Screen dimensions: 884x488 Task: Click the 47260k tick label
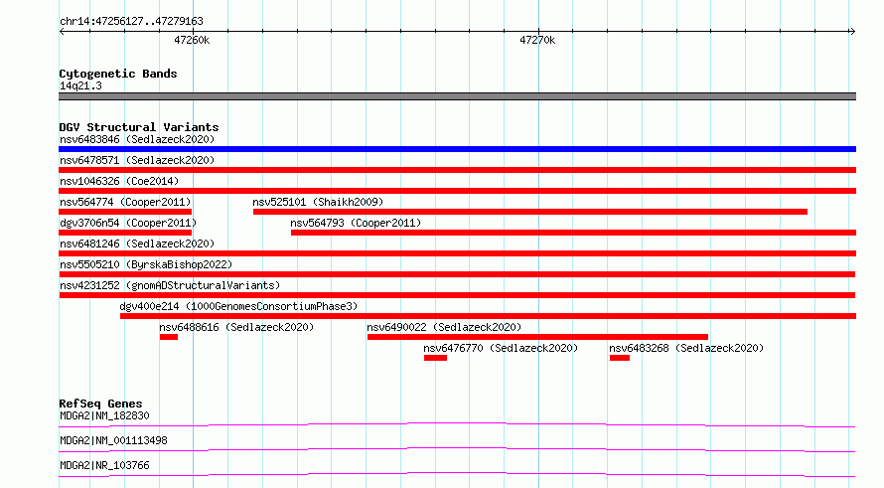[x=192, y=40]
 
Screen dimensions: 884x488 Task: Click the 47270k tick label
[x=537, y=40]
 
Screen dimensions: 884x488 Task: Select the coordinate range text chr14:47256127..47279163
[x=131, y=22]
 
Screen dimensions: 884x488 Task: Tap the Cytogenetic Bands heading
[x=118, y=74]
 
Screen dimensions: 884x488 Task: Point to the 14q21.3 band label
[x=80, y=85]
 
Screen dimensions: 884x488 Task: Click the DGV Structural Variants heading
[x=139, y=127]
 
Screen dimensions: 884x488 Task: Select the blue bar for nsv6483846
[x=457, y=149]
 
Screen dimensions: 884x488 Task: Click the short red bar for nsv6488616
[x=169, y=337]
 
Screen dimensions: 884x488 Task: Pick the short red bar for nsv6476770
[x=435, y=358]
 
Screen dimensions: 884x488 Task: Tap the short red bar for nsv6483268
[x=620, y=358]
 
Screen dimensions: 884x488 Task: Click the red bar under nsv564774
[x=125, y=212]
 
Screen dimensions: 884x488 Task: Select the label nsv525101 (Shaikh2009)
[x=318, y=202]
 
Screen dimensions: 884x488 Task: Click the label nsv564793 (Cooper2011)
[x=356, y=223]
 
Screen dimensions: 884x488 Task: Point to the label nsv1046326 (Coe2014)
[x=119, y=181]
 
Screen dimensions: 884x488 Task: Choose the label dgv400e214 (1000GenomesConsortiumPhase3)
[x=238, y=306]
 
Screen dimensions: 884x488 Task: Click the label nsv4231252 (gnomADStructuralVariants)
[x=170, y=285]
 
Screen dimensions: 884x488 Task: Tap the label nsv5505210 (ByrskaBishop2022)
[x=146, y=264]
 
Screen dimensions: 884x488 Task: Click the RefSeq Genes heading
[x=100, y=404]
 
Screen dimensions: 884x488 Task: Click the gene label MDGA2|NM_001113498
[x=113, y=440]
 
